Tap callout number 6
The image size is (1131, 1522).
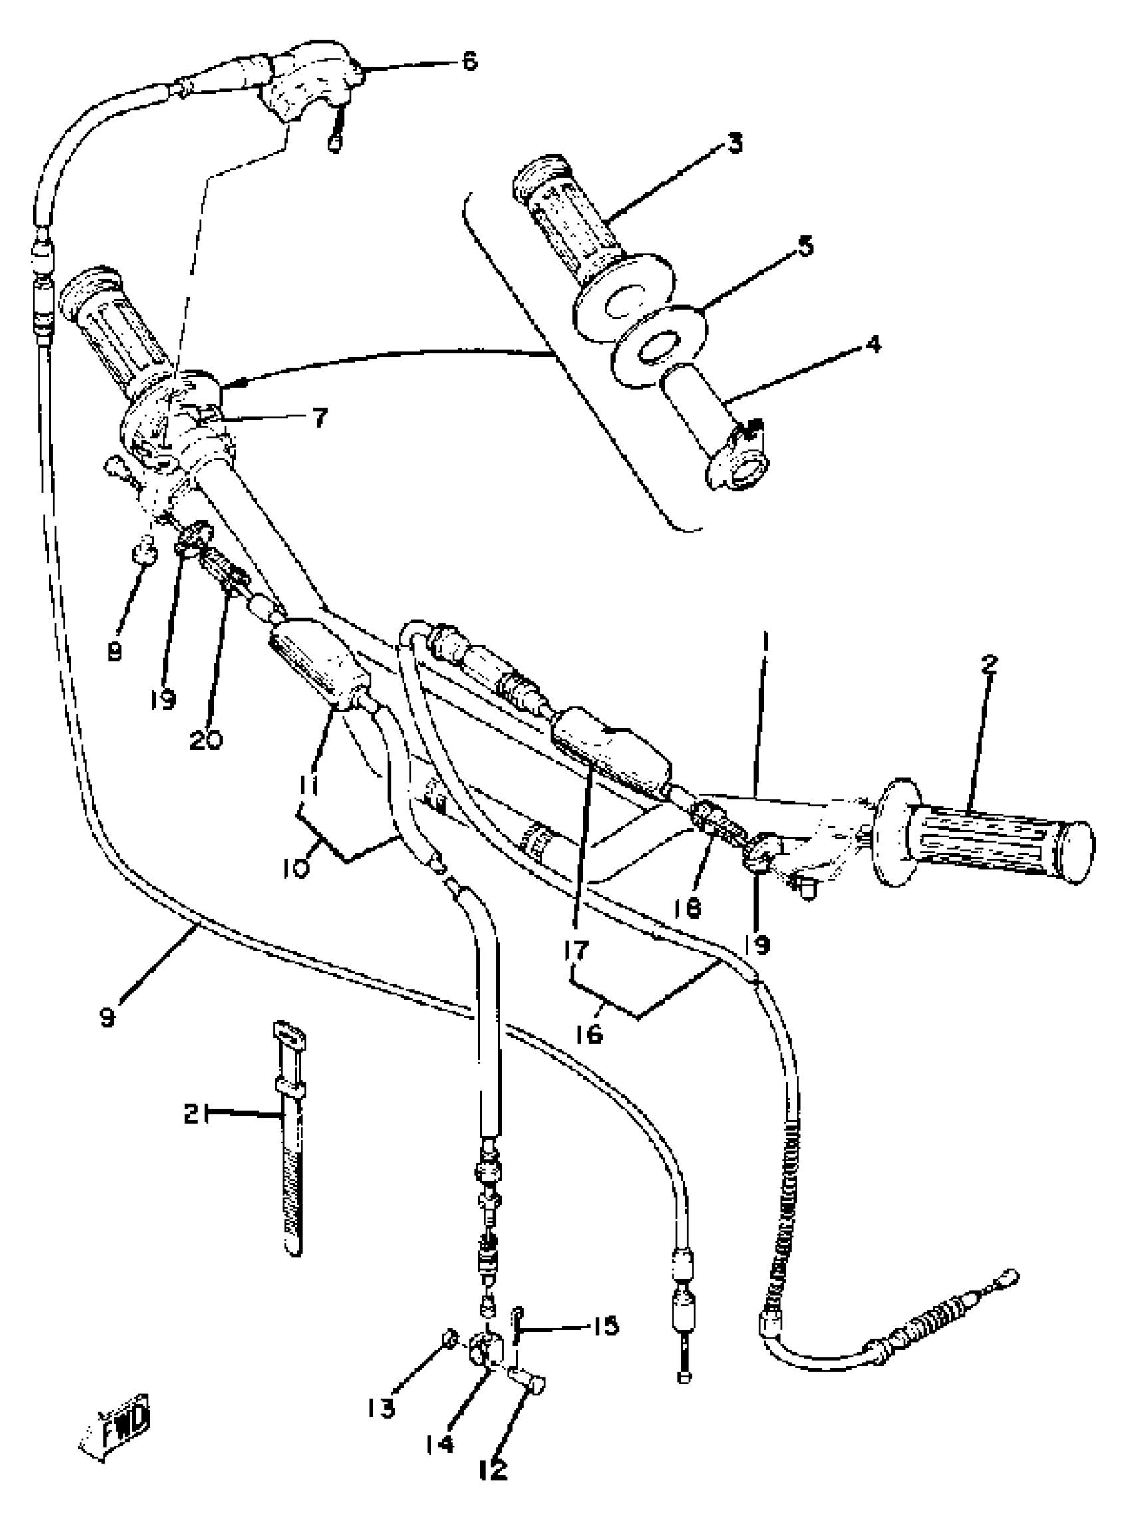click(x=470, y=61)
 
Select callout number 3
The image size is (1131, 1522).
click(x=734, y=144)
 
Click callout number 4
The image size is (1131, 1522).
click(x=873, y=344)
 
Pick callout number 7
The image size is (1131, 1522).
click(x=320, y=417)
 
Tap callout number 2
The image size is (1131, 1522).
click(x=989, y=663)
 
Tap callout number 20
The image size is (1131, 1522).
click(x=206, y=740)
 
